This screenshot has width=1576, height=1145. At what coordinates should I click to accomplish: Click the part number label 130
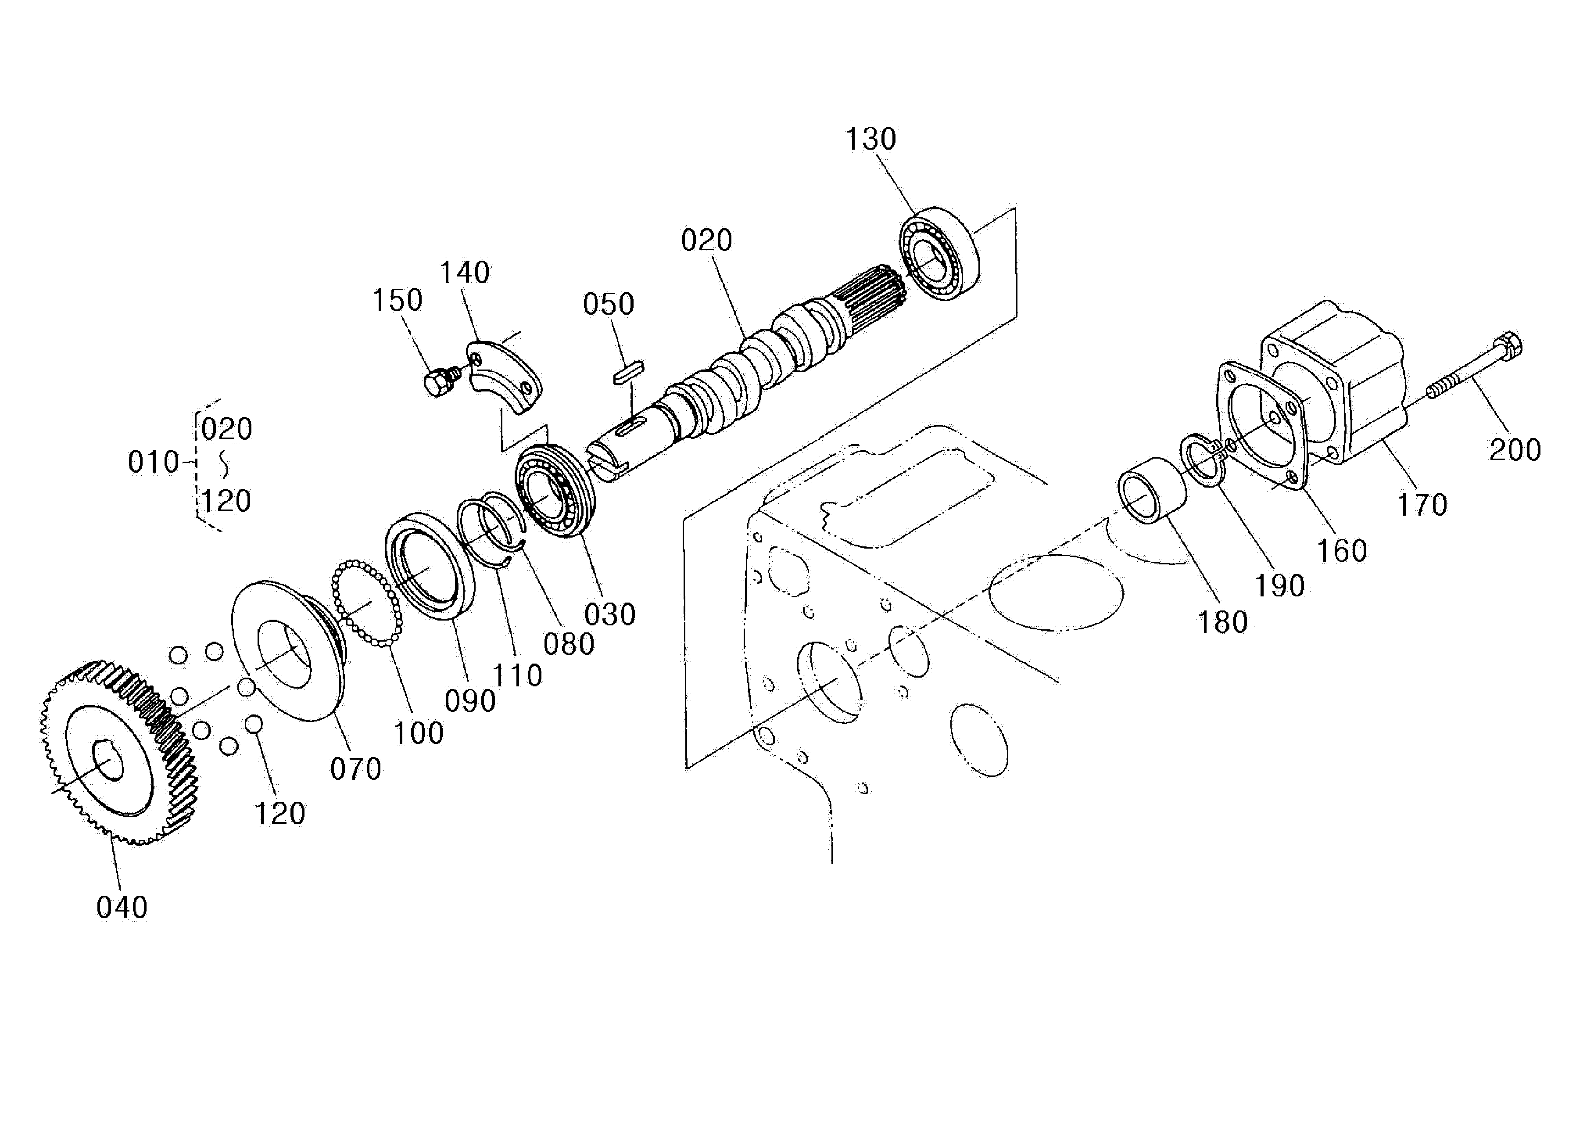pyautogui.click(x=870, y=139)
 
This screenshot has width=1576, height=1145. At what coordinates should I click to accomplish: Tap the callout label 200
pyautogui.click(x=1515, y=450)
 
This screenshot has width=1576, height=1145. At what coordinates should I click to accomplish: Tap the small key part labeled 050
pyautogui.click(x=629, y=372)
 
